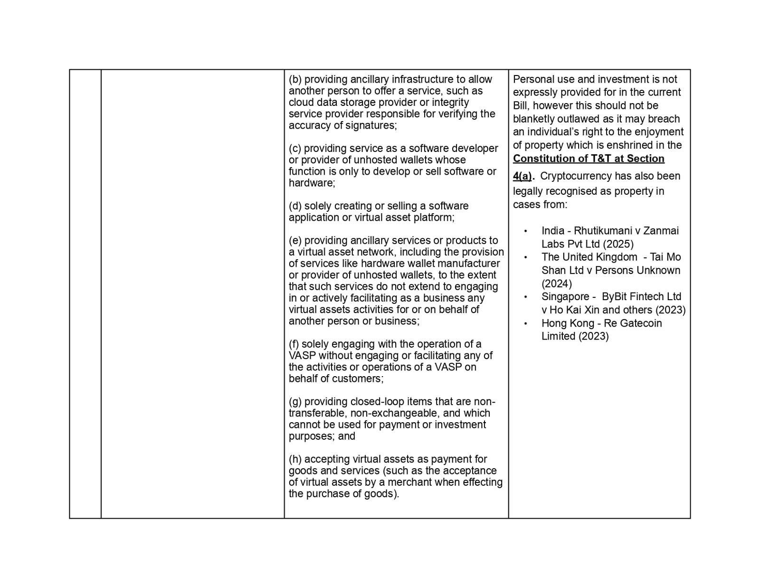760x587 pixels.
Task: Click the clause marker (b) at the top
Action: pos(295,79)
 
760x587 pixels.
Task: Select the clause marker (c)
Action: pos(295,149)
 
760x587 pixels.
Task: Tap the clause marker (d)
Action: pos(295,206)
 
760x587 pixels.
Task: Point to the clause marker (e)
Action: pos(295,241)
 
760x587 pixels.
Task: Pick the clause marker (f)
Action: pos(294,344)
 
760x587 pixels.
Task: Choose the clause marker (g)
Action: pos(295,402)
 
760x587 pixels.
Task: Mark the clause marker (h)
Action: pos(295,459)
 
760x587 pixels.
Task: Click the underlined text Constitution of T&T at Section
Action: pos(589,159)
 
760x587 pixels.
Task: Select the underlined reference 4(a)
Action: pos(522,176)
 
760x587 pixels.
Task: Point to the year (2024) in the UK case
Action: pos(557,284)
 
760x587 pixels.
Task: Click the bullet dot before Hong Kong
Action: pos(525,324)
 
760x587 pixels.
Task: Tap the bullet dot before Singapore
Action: pos(525,297)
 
